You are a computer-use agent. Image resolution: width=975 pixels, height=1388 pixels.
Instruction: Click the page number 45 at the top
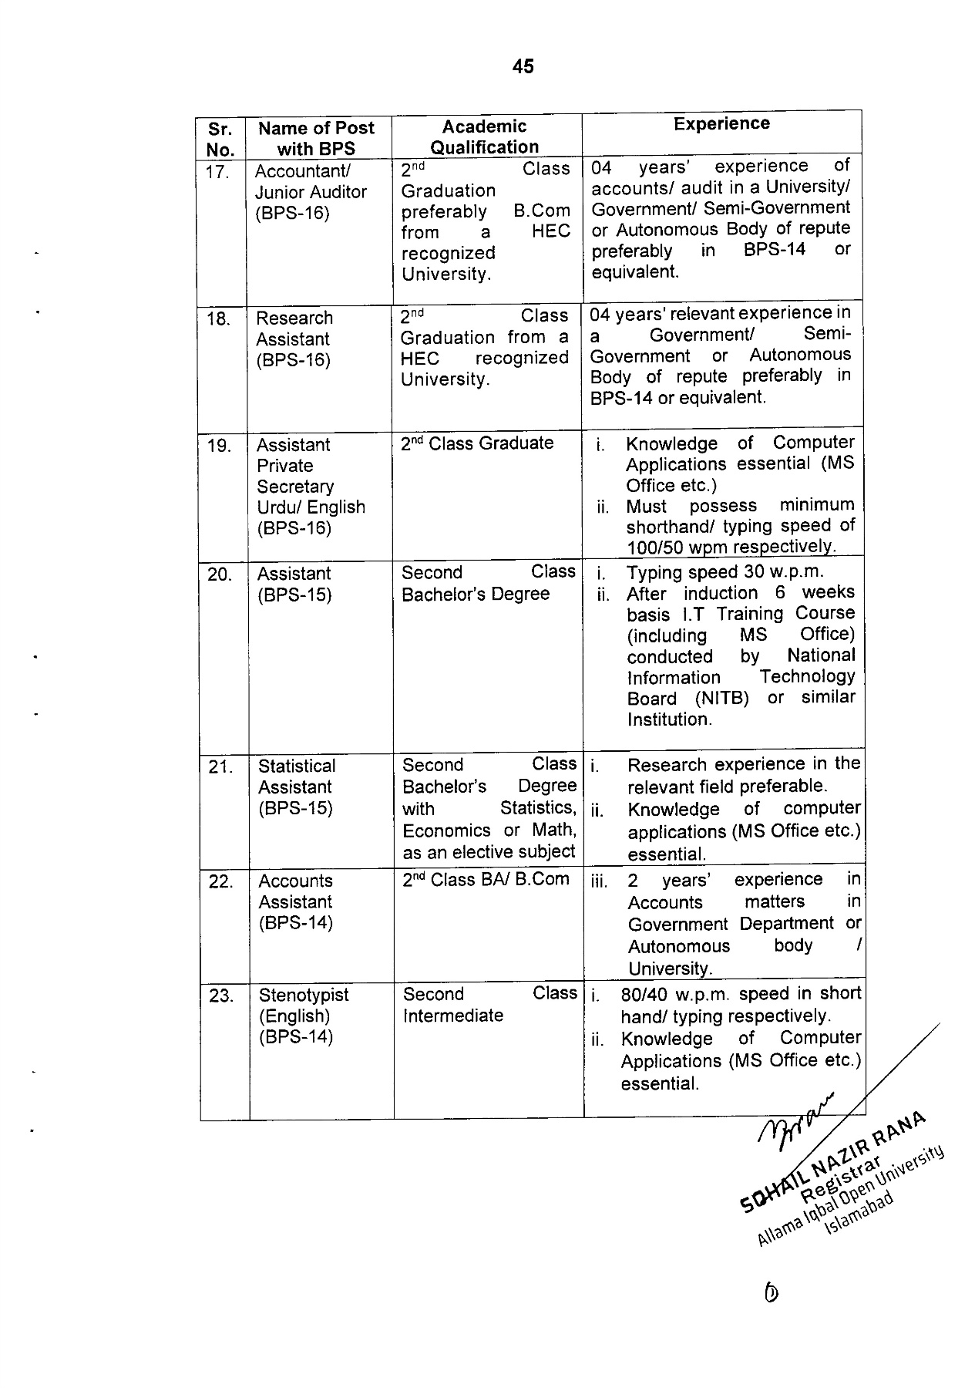click(x=523, y=67)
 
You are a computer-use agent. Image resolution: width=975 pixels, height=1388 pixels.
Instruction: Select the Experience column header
click(x=721, y=124)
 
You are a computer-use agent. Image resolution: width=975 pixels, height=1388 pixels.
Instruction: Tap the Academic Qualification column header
click(x=485, y=137)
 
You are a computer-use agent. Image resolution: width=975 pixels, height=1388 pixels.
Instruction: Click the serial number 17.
click(x=218, y=172)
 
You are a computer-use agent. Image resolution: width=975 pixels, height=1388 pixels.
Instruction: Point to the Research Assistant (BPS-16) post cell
click(x=294, y=339)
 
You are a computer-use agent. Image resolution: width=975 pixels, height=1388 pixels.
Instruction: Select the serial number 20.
click(x=220, y=574)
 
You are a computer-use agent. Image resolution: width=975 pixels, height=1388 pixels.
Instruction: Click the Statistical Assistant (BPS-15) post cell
click(x=297, y=787)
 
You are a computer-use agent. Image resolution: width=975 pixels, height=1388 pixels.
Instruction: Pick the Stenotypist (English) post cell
click(x=304, y=1016)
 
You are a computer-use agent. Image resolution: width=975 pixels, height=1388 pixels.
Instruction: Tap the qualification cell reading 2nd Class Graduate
click(x=477, y=443)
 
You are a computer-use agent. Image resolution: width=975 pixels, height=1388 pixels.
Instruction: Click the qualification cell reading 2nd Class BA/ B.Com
click(x=486, y=880)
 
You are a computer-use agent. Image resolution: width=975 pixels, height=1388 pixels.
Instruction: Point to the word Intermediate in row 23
click(x=453, y=1016)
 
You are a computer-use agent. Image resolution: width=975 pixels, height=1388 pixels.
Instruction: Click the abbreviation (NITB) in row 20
click(x=721, y=699)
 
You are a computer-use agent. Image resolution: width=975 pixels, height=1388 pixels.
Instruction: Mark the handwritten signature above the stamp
click(x=798, y=1118)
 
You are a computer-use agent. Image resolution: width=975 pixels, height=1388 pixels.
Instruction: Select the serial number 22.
click(x=220, y=881)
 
